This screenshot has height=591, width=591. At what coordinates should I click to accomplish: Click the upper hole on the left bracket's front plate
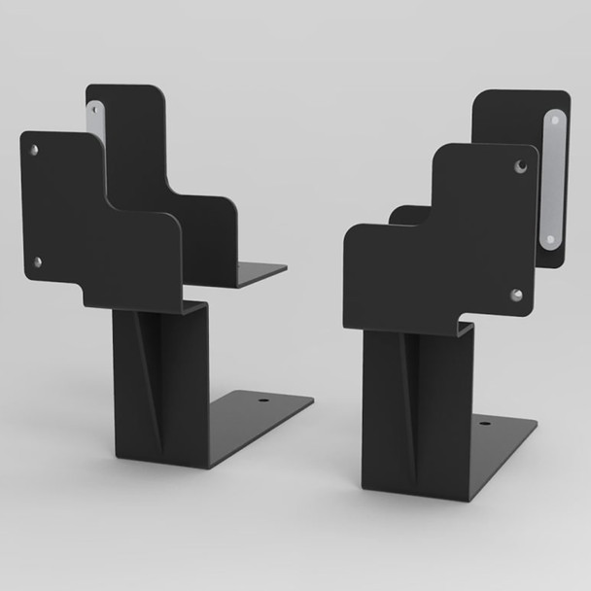coord(35,150)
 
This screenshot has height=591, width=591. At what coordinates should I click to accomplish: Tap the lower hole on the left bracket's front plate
coord(38,261)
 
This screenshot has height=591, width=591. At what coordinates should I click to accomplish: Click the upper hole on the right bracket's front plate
coord(520,166)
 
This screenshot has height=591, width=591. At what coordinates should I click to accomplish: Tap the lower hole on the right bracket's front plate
coord(516,295)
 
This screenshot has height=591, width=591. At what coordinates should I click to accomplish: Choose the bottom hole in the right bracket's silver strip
coord(549,237)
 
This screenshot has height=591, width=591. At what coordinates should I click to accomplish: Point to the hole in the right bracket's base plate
coord(478,420)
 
